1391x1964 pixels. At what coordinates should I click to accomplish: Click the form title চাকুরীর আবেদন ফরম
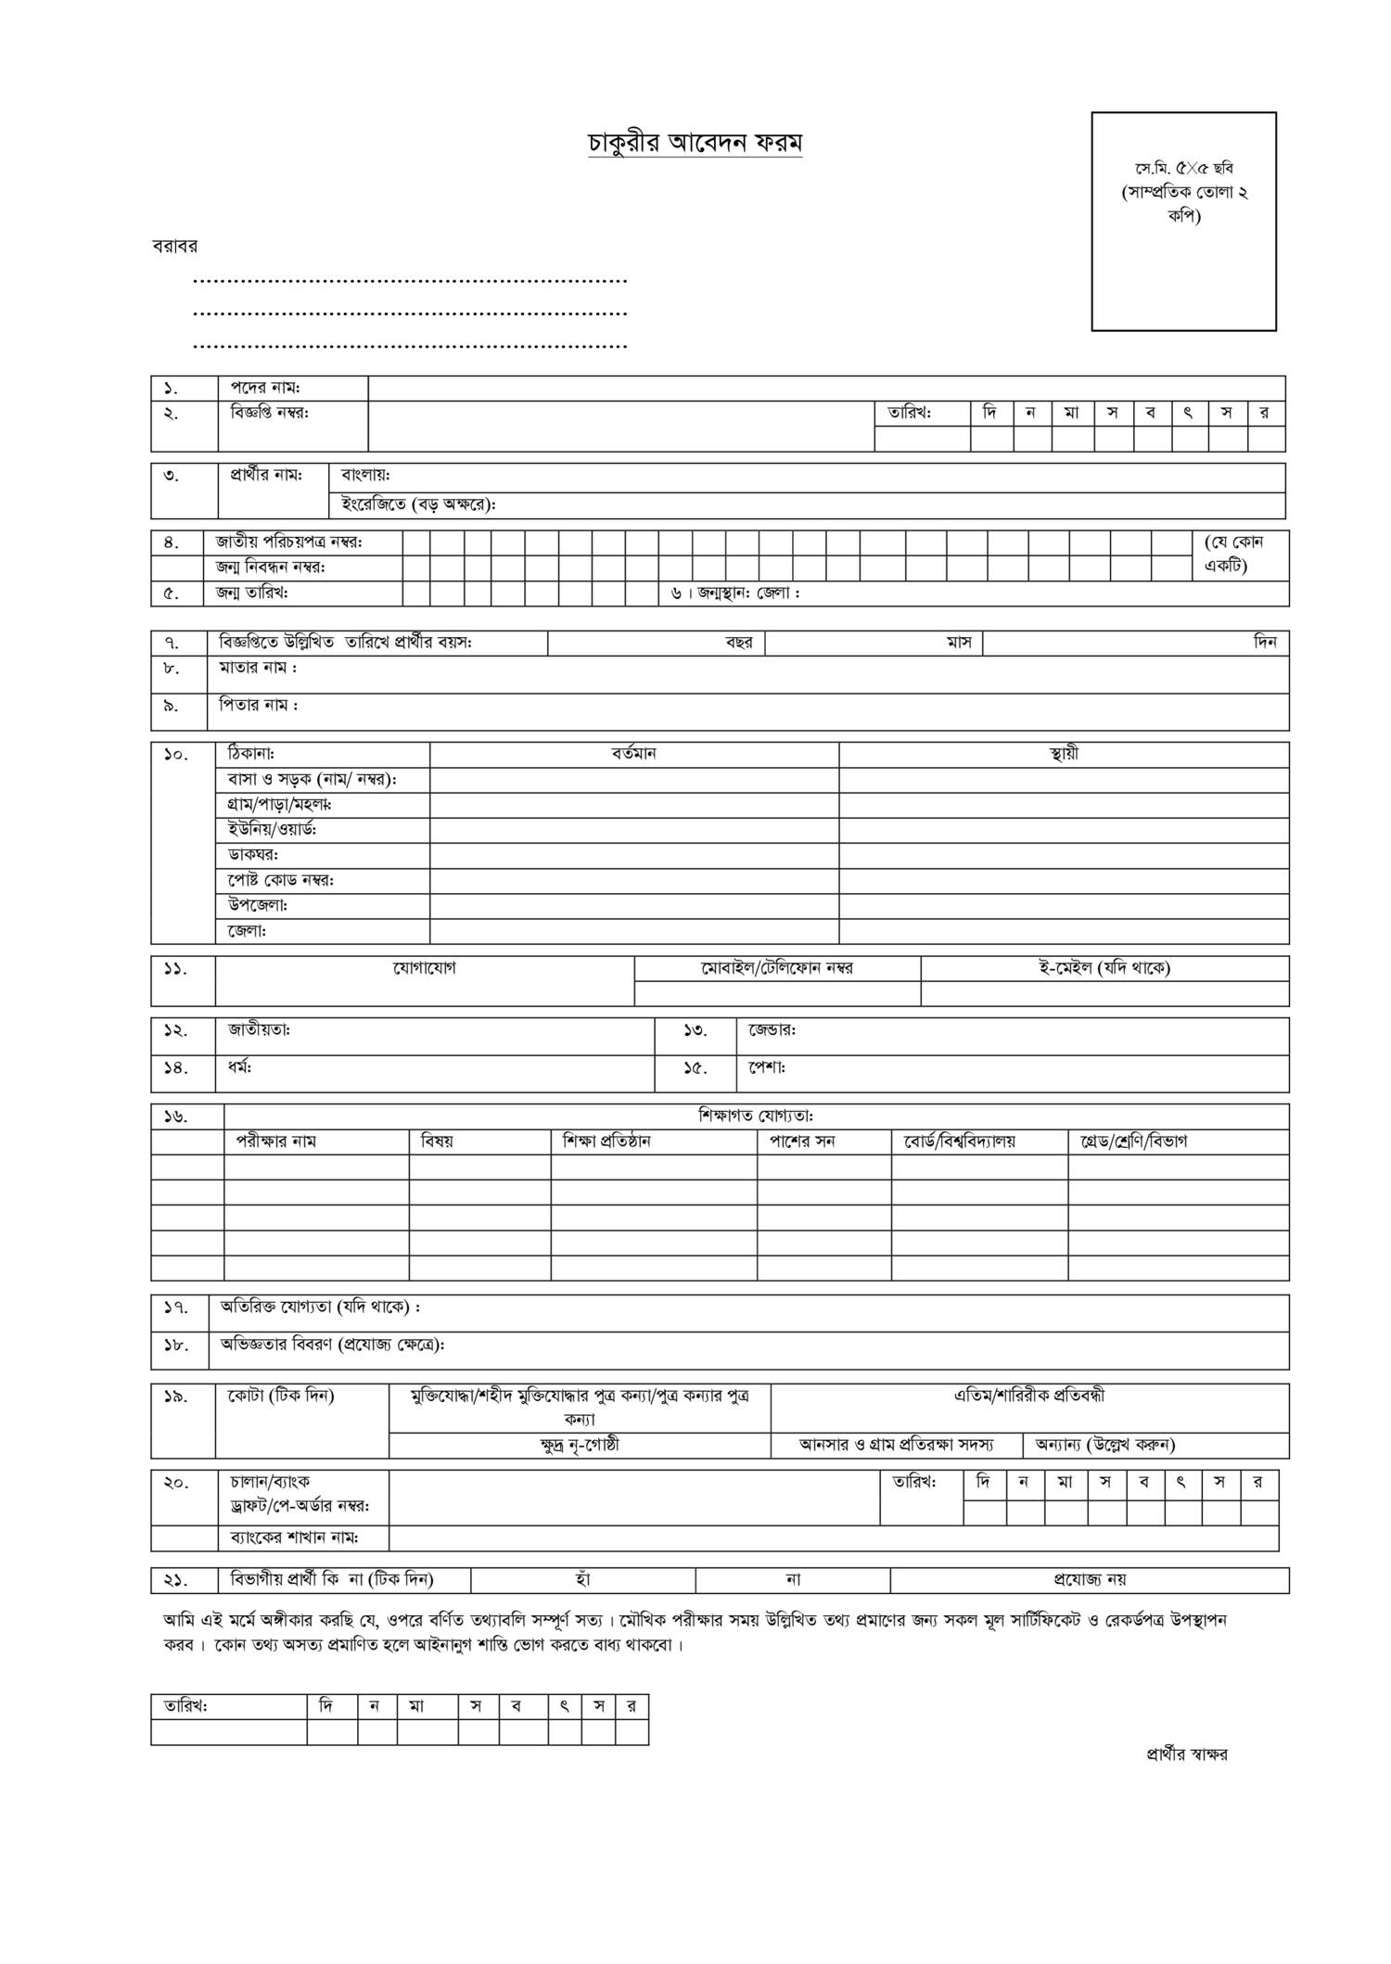point(695,143)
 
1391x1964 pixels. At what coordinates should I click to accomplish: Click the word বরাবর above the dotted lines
point(174,247)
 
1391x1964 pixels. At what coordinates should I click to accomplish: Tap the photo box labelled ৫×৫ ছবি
point(1183,221)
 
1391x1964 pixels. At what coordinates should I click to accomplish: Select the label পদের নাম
point(265,388)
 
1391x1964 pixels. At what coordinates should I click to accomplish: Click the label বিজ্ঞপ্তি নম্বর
point(270,413)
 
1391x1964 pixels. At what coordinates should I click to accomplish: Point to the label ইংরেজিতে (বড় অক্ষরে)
point(418,505)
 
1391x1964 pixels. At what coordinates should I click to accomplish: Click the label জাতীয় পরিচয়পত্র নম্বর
point(288,542)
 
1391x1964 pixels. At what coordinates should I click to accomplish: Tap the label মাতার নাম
point(258,668)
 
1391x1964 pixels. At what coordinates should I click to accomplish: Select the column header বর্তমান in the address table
point(633,754)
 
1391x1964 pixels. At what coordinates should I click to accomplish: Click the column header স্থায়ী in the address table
point(1064,754)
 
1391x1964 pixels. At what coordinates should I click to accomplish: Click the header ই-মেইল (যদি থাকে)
point(1104,968)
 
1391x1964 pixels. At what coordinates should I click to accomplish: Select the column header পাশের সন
point(802,1141)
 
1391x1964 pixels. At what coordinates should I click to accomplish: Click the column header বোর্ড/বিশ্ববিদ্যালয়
point(959,1141)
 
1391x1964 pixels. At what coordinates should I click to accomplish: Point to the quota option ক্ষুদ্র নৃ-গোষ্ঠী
point(580,1445)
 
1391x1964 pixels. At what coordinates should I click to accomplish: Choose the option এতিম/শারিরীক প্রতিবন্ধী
point(1029,1396)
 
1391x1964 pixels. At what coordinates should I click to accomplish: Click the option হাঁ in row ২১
point(583,1579)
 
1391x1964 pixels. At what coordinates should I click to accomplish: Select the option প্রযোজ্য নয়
point(1090,1579)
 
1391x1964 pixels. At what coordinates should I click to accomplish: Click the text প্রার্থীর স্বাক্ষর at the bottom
point(1187,1754)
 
